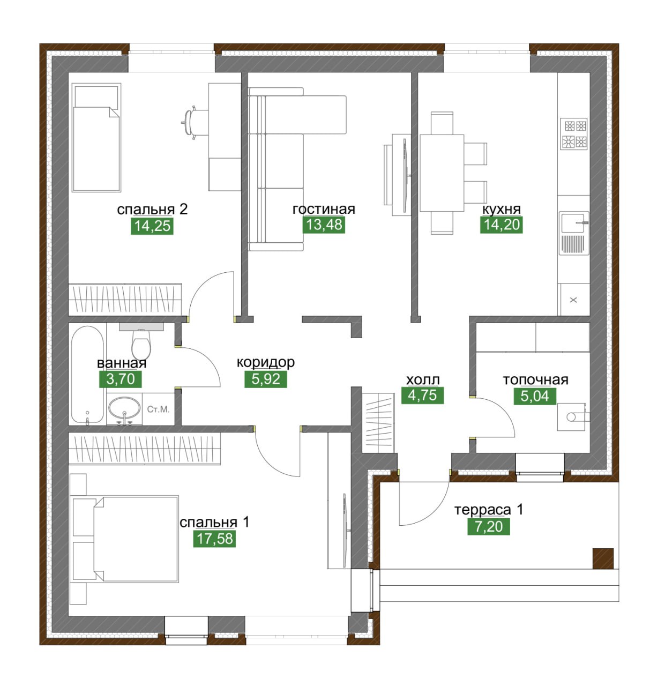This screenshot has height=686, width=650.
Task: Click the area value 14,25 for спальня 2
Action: (152, 226)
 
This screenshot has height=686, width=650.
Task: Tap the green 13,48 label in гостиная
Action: (324, 225)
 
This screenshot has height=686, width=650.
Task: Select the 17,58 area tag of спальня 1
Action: (214, 539)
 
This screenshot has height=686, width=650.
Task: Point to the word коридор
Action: (265, 362)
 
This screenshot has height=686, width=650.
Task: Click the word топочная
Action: (535, 379)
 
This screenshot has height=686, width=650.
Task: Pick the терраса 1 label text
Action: (489, 510)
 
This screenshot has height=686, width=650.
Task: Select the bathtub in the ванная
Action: (87, 374)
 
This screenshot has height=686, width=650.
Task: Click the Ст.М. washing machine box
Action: (158, 409)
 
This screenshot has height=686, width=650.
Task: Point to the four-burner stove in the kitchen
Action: (573, 134)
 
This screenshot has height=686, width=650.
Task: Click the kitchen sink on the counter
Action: (573, 233)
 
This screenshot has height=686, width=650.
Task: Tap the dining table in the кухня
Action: (442, 173)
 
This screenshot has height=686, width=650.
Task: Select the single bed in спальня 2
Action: (96, 138)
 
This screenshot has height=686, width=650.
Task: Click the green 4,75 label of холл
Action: (422, 396)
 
